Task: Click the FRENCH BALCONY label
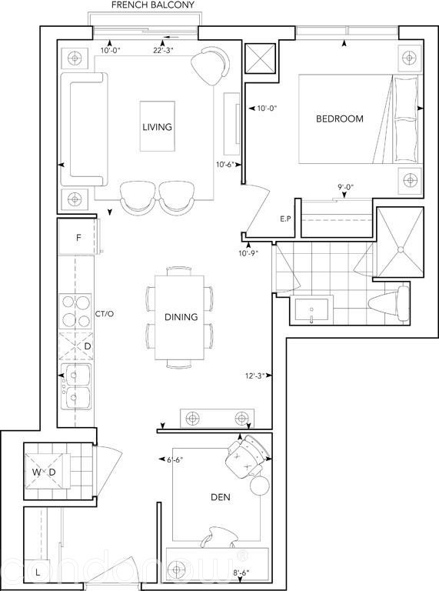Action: pos(153,5)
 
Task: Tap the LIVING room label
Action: pos(157,127)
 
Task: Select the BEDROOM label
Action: pos(340,119)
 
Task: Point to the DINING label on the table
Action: pos(181,317)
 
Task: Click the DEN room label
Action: pos(221,497)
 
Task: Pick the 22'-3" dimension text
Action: pos(163,51)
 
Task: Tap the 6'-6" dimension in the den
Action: pos(175,459)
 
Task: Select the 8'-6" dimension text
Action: pos(241,573)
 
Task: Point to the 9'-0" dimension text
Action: pos(345,187)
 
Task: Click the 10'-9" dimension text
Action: pos(248,253)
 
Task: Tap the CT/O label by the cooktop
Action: pos(105,314)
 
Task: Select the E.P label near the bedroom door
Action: pos(285,219)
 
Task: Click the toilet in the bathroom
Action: pos(390,302)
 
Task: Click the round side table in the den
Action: pos(260,486)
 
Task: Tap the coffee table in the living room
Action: pos(158,126)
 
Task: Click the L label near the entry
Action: pos(37,573)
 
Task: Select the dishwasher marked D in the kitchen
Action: pos(77,346)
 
